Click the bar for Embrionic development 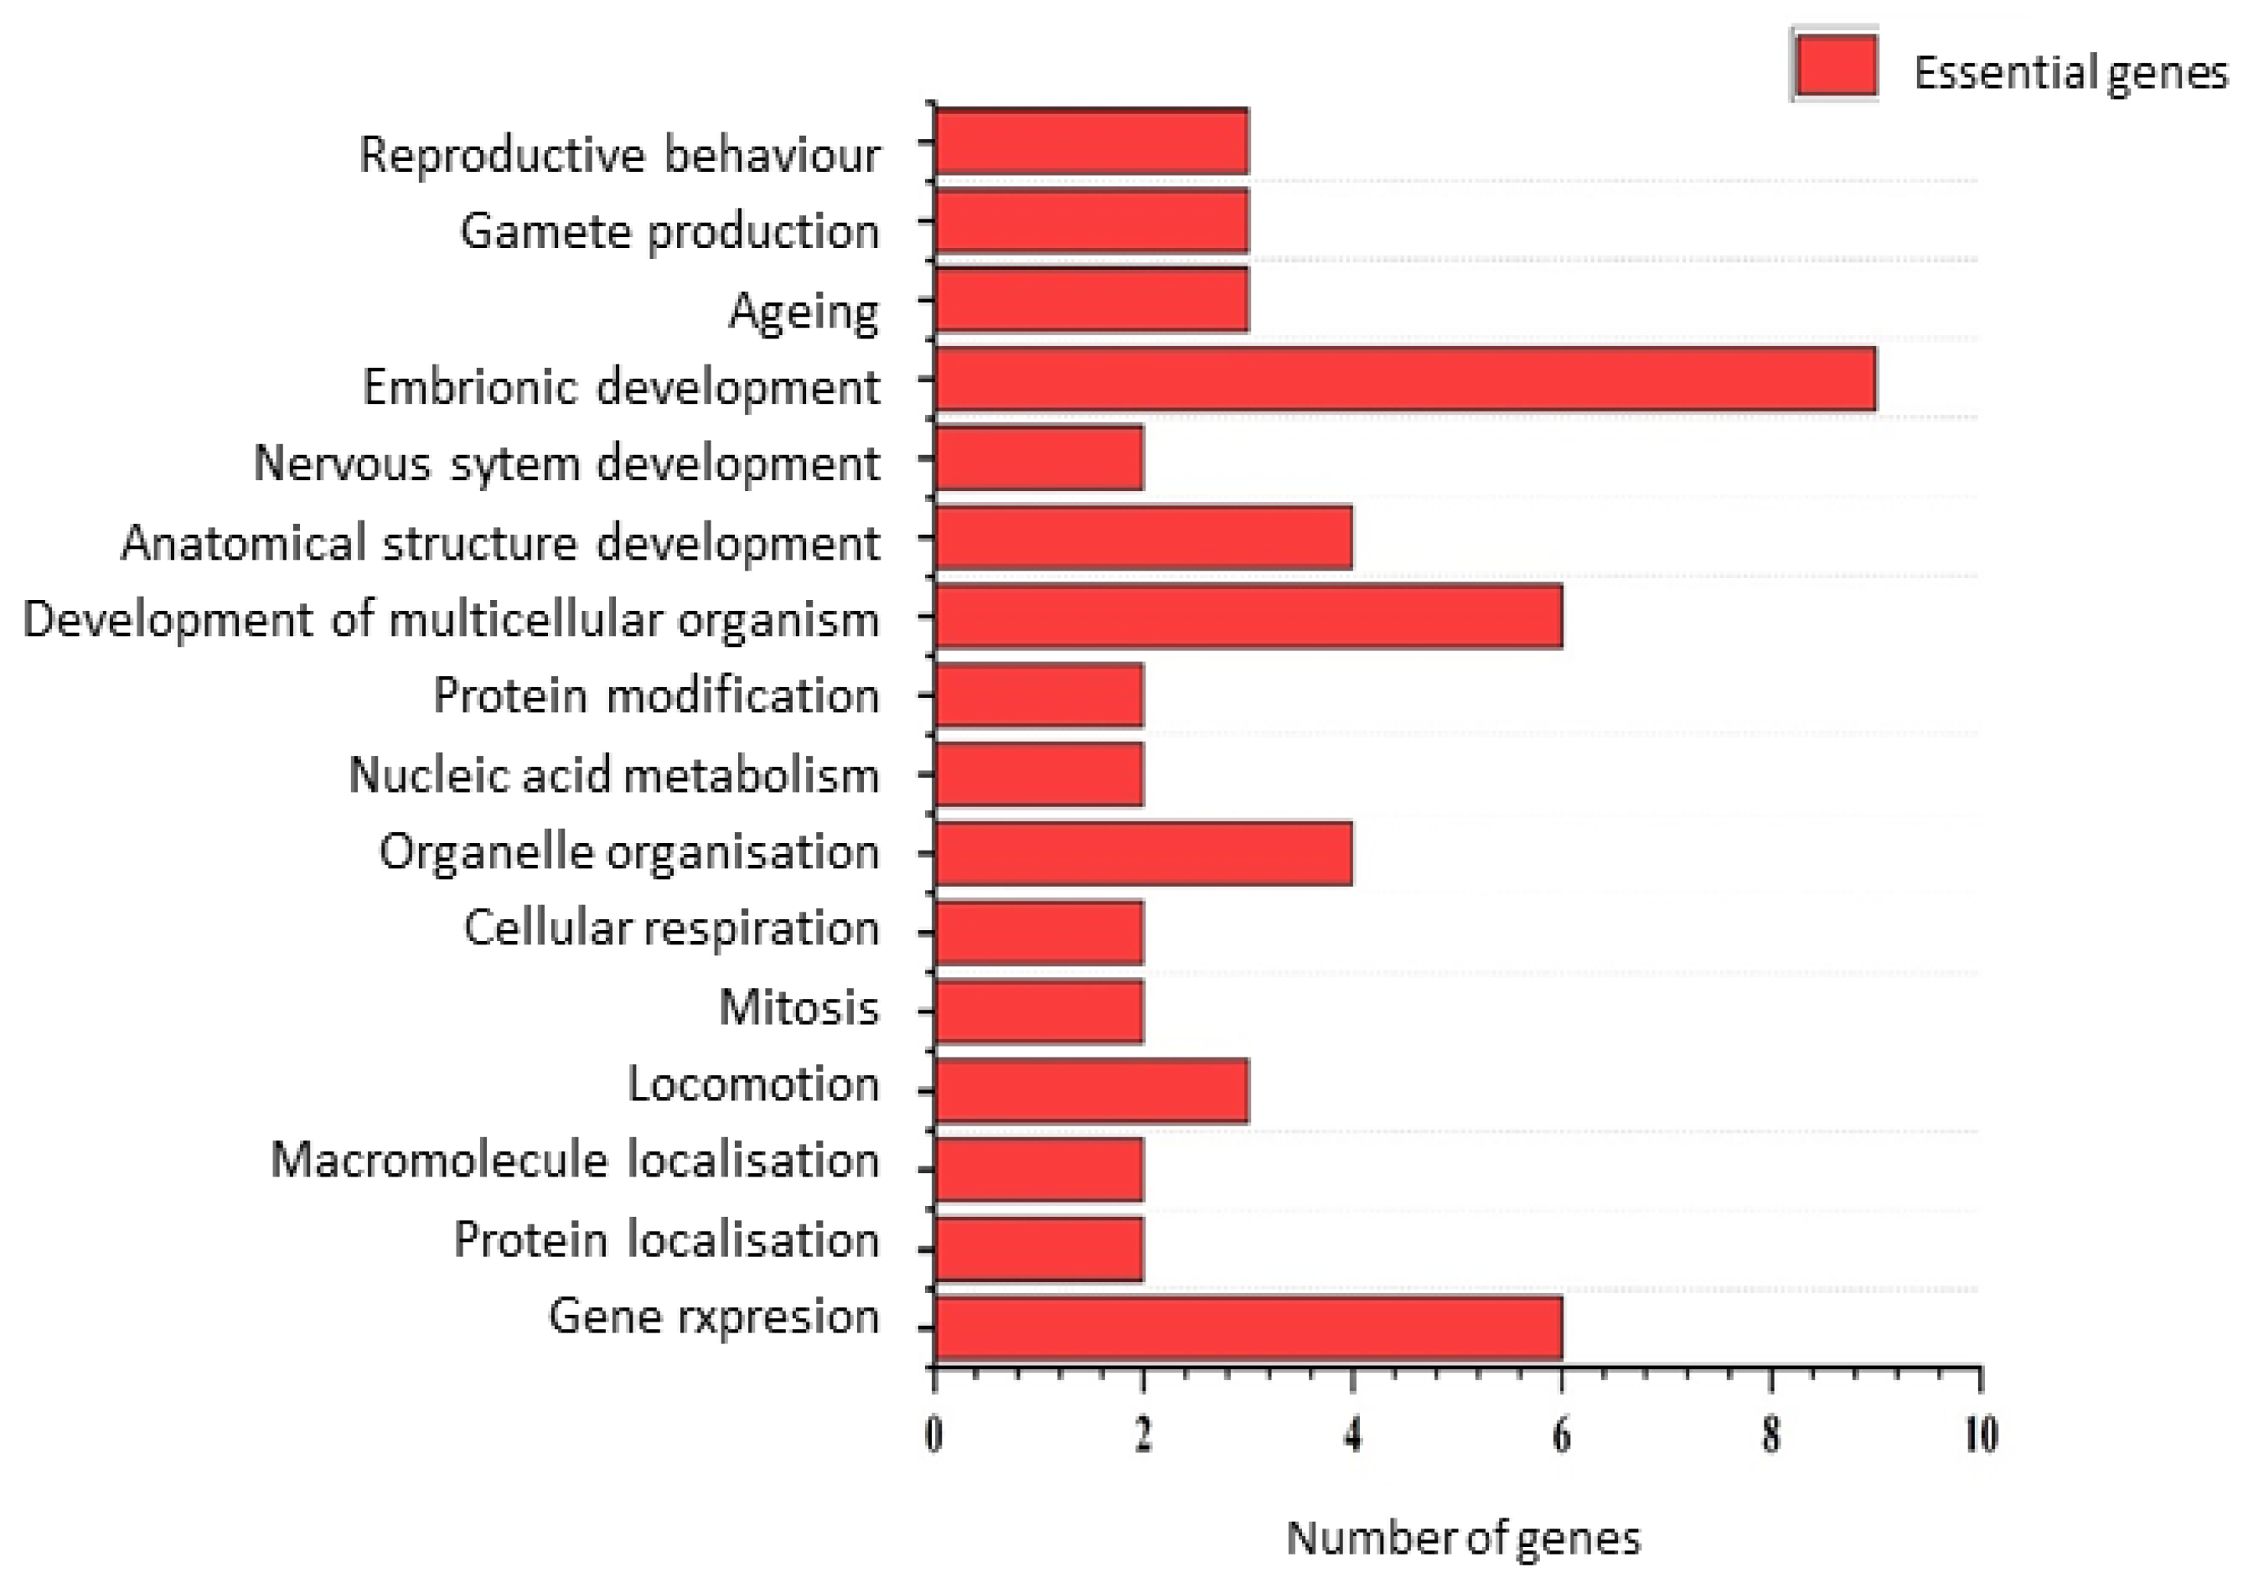coord(1404,379)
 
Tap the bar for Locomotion coord(1091,1089)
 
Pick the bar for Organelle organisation coord(1143,853)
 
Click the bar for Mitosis coord(1038,1011)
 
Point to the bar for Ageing coord(1091,299)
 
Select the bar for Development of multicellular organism coord(1248,616)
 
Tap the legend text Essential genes coord(2069,72)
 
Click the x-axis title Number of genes coord(1463,1537)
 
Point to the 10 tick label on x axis coord(1981,1435)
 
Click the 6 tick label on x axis coord(1562,1435)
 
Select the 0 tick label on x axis coord(933,1435)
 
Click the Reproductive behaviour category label coord(619,154)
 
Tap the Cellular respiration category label coord(671,927)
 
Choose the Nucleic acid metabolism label coord(613,774)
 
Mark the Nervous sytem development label coord(566,463)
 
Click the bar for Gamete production coord(1091,220)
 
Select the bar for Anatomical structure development coord(1143,537)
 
